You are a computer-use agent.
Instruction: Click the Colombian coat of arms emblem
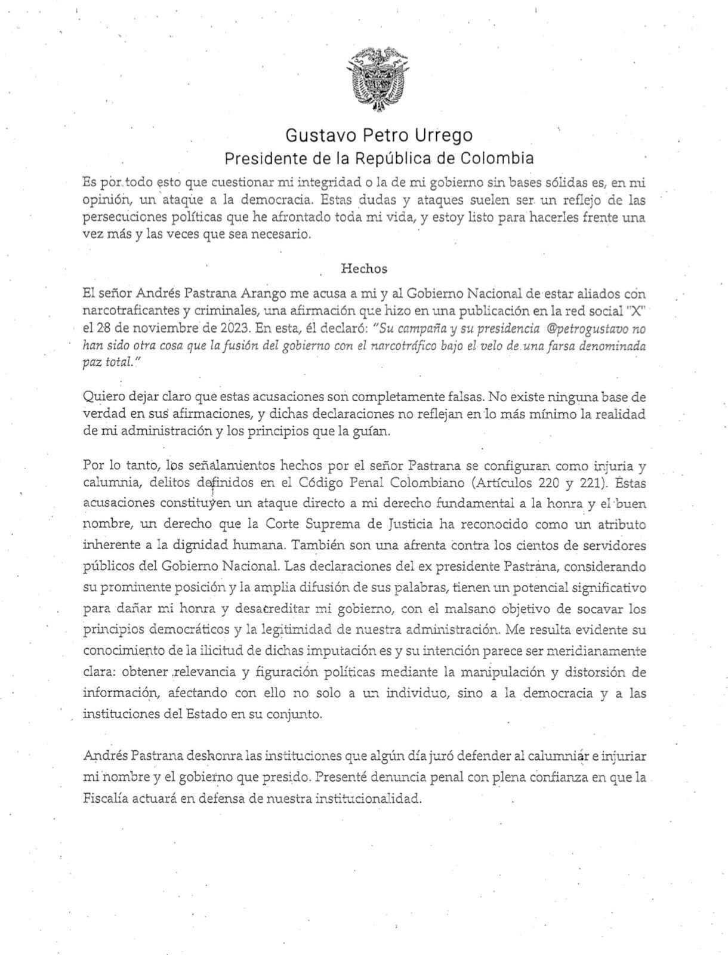coord(378,79)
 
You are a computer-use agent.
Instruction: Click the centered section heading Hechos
coord(364,269)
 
